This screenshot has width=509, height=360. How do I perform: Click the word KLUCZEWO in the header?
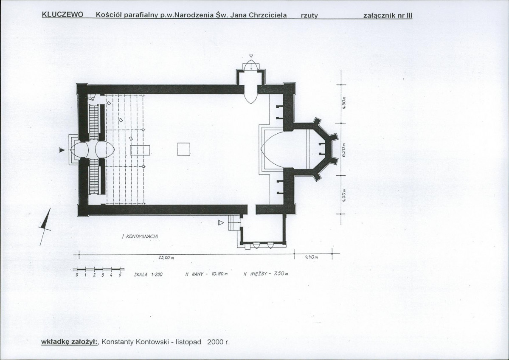coord(63,15)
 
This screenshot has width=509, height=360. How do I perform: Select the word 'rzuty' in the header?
coord(309,16)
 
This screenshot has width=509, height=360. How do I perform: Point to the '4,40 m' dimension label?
coord(311,257)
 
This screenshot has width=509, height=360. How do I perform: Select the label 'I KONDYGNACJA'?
coord(140,236)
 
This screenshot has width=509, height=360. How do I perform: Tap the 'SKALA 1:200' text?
coord(148,274)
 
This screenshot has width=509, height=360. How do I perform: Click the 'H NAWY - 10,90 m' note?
coord(206,274)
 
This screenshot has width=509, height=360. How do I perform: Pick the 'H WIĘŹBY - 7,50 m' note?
coord(265,274)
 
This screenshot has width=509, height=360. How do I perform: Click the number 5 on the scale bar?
coord(120,275)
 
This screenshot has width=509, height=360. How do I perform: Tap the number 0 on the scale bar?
coord(76,275)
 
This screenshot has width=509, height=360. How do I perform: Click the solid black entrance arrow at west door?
coord(62,150)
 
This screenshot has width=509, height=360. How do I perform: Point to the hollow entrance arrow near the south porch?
coord(221,223)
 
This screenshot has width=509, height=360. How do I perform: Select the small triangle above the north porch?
coord(251,56)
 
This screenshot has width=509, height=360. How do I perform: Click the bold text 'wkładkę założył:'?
coord(70,342)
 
